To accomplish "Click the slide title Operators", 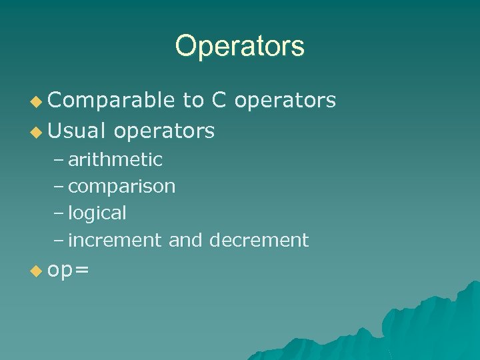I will [x=239, y=46].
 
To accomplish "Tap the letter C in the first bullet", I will [x=219, y=100].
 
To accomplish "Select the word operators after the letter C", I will [x=285, y=100].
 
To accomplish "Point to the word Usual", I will [x=77, y=131].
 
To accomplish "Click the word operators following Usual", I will [x=164, y=131].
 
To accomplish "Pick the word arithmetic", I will [x=115, y=160].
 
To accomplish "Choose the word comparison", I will [x=122, y=187].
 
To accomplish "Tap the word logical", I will [x=97, y=213].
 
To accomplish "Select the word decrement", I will [x=259, y=240].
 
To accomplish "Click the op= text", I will [x=69, y=271].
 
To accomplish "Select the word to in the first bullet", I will [x=193, y=100].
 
